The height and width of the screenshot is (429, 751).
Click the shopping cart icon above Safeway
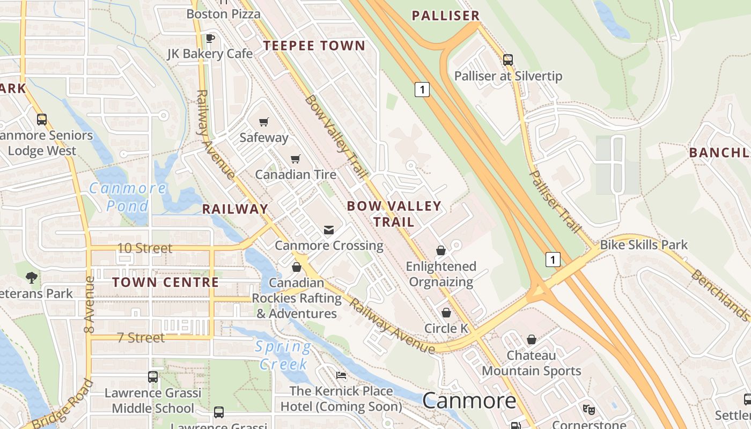pos(263,122)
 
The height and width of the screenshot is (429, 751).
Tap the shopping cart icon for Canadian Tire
pos(295,159)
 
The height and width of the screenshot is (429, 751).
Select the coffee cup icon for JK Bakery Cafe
pos(210,38)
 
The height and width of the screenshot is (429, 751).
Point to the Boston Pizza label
pos(223,14)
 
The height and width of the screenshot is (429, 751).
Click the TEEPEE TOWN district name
pos(314,46)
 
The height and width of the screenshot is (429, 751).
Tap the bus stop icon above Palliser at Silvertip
pos(507,60)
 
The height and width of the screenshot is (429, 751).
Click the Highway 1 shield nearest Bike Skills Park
pos(553,260)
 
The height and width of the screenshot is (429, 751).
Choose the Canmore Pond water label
pos(128,197)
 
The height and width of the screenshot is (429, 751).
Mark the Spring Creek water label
pos(283,355)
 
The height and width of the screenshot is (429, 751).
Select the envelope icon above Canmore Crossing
pos(329,230)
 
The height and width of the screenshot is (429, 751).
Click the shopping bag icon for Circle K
pos(446,313)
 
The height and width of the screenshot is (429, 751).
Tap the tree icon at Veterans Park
pos(32,277)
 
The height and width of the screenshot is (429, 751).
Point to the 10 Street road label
pos(145,248)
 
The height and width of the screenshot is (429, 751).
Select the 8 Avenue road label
pos(89,304)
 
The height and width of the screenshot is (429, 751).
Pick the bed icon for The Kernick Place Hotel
pos(341,375)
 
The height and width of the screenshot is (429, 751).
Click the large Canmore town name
pos(469,401)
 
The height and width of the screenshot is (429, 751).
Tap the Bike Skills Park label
pos(644,245)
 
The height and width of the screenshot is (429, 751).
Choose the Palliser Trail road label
pos(555,202)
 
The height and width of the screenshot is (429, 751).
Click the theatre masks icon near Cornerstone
pos(589,410)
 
